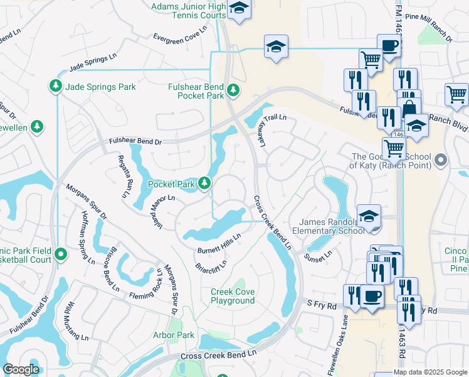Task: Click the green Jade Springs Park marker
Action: pyautogui.click(x=56, y=85)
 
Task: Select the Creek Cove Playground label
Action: pyautogui.click(x=233, y=296)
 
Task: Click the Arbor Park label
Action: pyautogui.click(x=174, y=335)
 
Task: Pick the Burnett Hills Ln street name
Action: pyautogui.click(x=219, y=242)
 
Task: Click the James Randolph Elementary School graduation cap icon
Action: pyautogui.click(x=369, y=214)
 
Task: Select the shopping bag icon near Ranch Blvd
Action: pyautogui.click(x=409, y=107)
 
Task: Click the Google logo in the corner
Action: pyautogui.click(x=21, y=369)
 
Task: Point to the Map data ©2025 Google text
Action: pyautogui.click(x=430, y=372)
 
